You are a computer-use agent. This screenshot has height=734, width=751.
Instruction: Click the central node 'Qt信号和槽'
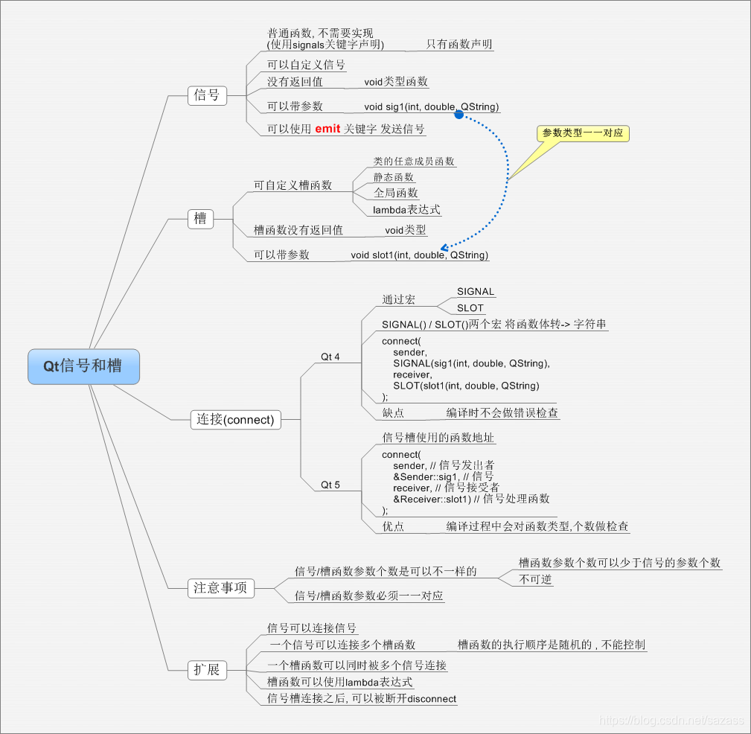(83, 366)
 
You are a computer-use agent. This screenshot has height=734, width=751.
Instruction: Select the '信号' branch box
(206, 95)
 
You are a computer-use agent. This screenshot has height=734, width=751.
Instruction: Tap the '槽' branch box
(200, 219)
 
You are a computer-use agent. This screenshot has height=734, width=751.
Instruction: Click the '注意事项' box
(220, 588)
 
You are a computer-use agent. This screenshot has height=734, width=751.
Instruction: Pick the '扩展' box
(206, 670)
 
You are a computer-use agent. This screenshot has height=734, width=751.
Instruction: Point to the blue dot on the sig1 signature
(459, 114)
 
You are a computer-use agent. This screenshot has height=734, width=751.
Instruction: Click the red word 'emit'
(327, 129)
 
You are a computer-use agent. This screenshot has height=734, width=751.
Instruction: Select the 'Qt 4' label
(330, 357)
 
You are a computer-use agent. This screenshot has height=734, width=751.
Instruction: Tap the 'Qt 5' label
(330, 485)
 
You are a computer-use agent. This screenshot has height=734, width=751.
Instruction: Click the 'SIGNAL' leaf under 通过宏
(476, 292)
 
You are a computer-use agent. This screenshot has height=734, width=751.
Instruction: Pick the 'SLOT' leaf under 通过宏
(470, 308)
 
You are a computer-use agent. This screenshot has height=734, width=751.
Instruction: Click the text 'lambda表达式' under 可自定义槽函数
(406, 210)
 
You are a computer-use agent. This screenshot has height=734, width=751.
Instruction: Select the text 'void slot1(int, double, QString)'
(420, 255)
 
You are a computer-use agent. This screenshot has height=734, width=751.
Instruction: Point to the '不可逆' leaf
(535, 579)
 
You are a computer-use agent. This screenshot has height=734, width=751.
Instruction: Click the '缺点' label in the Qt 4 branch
(393, 412)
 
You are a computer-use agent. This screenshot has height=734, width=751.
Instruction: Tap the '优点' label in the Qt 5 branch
(393, 526)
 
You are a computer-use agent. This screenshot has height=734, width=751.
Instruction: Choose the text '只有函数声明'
(458, 45)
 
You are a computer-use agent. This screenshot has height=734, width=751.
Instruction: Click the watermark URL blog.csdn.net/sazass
(671, 721)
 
